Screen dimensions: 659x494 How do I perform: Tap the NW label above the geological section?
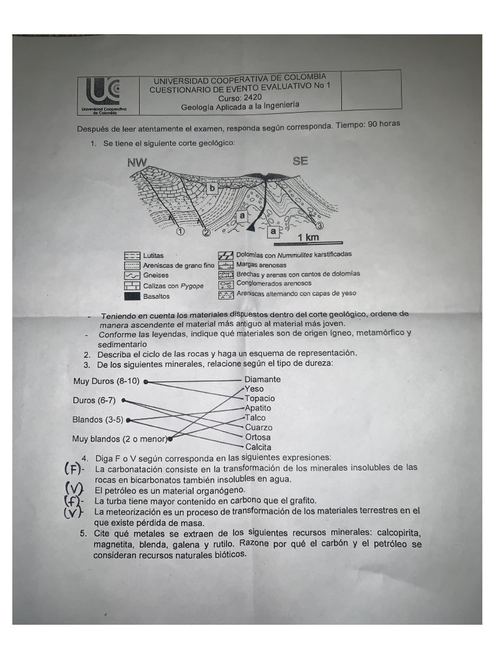click(x=137, y=162)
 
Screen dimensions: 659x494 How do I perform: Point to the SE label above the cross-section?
click(x=300, y=161)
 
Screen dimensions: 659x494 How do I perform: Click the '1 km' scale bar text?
click(x=308, y=237)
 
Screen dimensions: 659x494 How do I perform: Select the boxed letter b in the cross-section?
click(x=211, y=189)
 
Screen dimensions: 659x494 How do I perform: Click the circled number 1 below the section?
click(x=180, y=232)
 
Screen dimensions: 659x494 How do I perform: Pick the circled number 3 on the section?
click(x=319, y=226)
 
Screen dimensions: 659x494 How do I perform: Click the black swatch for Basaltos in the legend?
click(x=132, y=296)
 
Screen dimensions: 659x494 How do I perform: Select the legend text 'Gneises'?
click(x=156, y=275)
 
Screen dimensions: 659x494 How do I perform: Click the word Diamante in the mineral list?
click(x=262, y=380)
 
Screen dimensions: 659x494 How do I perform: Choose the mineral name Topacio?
click(x=259, y=398)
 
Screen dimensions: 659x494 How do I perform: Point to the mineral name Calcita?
click(x=258, y=447)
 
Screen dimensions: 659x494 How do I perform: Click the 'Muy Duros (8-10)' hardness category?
click(x=106, y=381)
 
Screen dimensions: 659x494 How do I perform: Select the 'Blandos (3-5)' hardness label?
click(x=98, y=420)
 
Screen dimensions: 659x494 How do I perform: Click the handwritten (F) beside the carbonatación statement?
click(x=72, y=469)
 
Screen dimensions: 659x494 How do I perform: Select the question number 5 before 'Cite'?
click(x=83, y=534)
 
